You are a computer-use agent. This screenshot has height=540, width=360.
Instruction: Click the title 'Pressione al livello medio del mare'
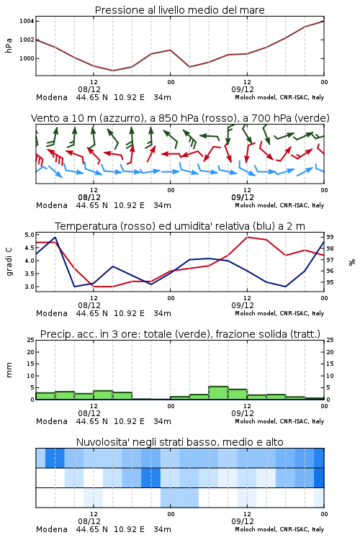click(x=179, y=10)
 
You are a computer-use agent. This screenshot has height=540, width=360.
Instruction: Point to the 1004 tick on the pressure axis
click(x=27, y=21)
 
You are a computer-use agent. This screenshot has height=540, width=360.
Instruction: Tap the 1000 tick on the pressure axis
click(x=27, y=58)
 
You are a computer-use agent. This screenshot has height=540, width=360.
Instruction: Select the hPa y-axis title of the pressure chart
click(x=9, y=45)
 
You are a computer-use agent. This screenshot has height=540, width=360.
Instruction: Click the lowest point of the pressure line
click(x=112, y=71)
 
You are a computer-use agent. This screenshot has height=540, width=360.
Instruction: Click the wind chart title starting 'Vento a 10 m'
click(x=180, y=118)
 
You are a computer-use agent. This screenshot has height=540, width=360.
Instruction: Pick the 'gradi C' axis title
click(x=9, y=262)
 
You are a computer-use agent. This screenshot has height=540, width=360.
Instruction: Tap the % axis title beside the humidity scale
click(x=352, y=262)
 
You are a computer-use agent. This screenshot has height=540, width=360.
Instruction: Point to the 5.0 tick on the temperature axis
click(x=30, y=235)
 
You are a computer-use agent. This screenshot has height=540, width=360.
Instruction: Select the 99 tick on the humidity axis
click(x=330, y=237)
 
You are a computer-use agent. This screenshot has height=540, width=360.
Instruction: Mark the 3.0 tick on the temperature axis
click(x=30, y=287)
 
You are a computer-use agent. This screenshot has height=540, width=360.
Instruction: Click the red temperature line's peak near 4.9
click(x=247, y=237)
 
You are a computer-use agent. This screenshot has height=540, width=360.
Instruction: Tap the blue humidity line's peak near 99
click(x=55, y=237)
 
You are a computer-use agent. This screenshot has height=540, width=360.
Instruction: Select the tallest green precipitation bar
click(x=218, y=393)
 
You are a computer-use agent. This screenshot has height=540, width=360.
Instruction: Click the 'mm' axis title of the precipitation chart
click(x=9, y=369)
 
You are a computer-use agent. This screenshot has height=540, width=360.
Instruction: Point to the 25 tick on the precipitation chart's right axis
click(x=330, y=340)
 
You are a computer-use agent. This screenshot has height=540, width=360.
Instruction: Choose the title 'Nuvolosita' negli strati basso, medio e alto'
click(x=179, y=442)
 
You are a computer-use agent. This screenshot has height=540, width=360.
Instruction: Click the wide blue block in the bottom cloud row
click(x=179, y=498)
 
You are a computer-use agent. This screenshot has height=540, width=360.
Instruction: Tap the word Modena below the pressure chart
click(x=52, y=97)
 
